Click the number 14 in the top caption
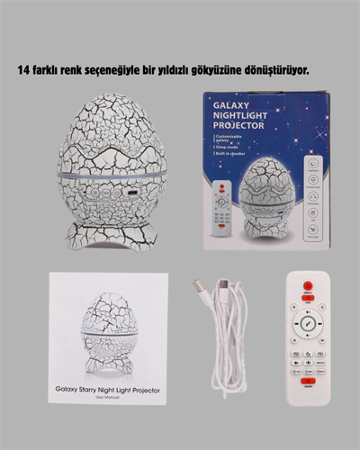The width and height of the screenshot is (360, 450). point(37,69)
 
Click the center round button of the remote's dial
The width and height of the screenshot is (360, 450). point(307,321)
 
